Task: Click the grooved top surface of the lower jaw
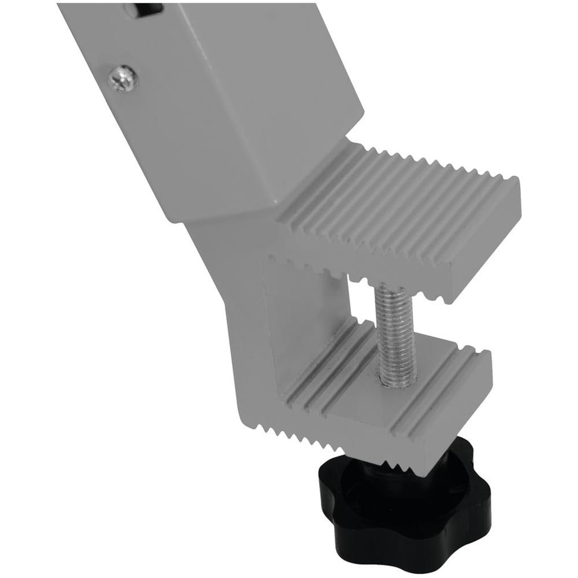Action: pos(370,376)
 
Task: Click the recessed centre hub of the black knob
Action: pos(399,491)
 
